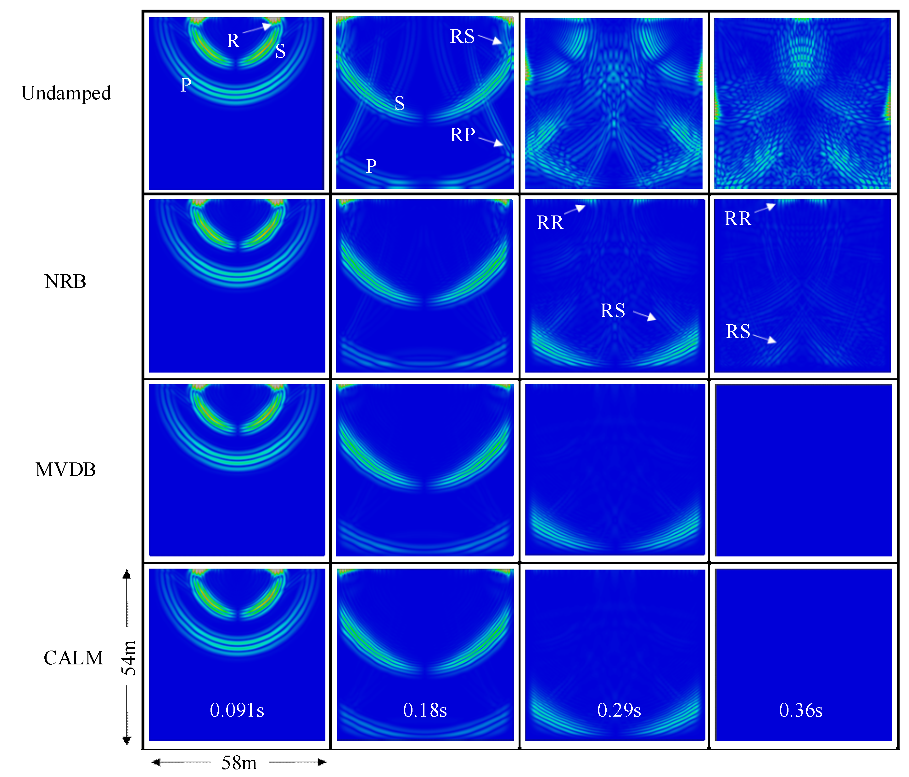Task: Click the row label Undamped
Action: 66,93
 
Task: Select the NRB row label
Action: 65,281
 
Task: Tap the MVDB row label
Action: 65,469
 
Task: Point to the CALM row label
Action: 73,658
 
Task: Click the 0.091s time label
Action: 237,710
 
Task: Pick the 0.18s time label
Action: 425,710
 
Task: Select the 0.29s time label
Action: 619,710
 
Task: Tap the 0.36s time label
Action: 801,710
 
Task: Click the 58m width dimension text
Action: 239,763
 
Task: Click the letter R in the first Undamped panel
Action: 233,41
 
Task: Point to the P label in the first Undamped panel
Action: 186,85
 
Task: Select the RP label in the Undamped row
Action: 463,135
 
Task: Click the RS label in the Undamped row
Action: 463,36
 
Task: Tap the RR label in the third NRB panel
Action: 550,222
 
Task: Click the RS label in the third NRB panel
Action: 612,310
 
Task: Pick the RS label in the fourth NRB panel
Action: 738,331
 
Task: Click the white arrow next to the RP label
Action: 491,141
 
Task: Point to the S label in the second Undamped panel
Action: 399,103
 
